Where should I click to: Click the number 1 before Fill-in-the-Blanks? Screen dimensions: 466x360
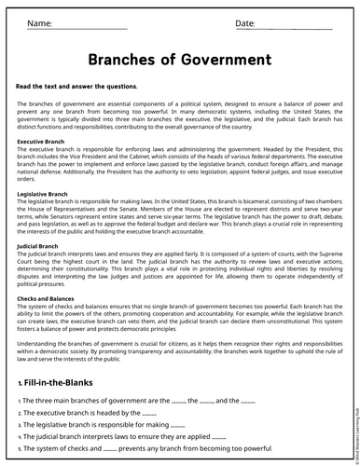click(21, 382)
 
